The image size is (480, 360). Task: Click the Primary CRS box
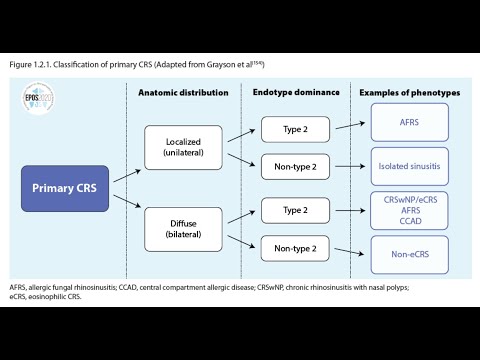(67, 188)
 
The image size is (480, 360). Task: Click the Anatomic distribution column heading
(182, 93)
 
